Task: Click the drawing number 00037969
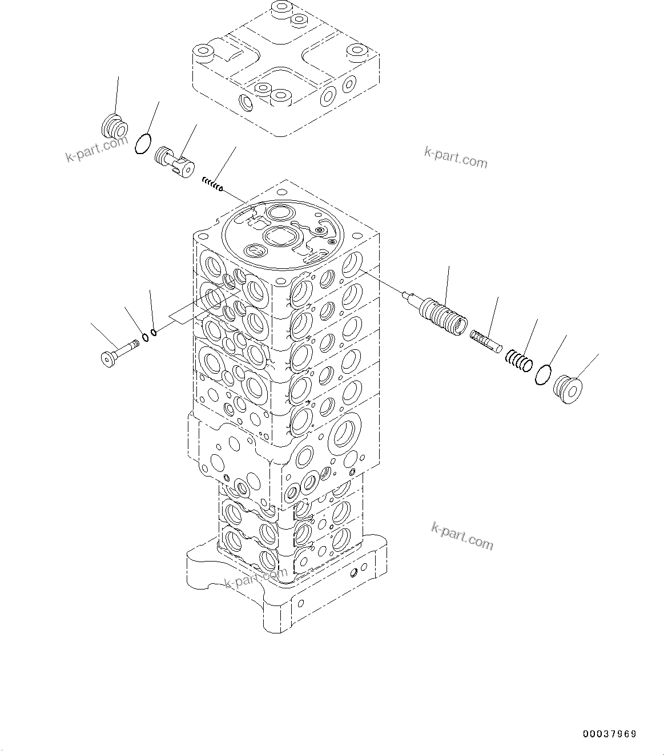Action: pos(609,734)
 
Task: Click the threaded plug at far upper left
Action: pos(114,126)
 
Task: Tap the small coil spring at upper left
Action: pos(212,184)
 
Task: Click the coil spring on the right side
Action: pos(518,360)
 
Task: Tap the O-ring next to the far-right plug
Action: pos(543,374)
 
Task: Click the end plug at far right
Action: pos(569,389)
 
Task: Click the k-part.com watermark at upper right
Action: pos(456,158)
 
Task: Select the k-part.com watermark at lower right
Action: pos(461,536)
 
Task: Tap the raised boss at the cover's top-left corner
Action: pos(203,54)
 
